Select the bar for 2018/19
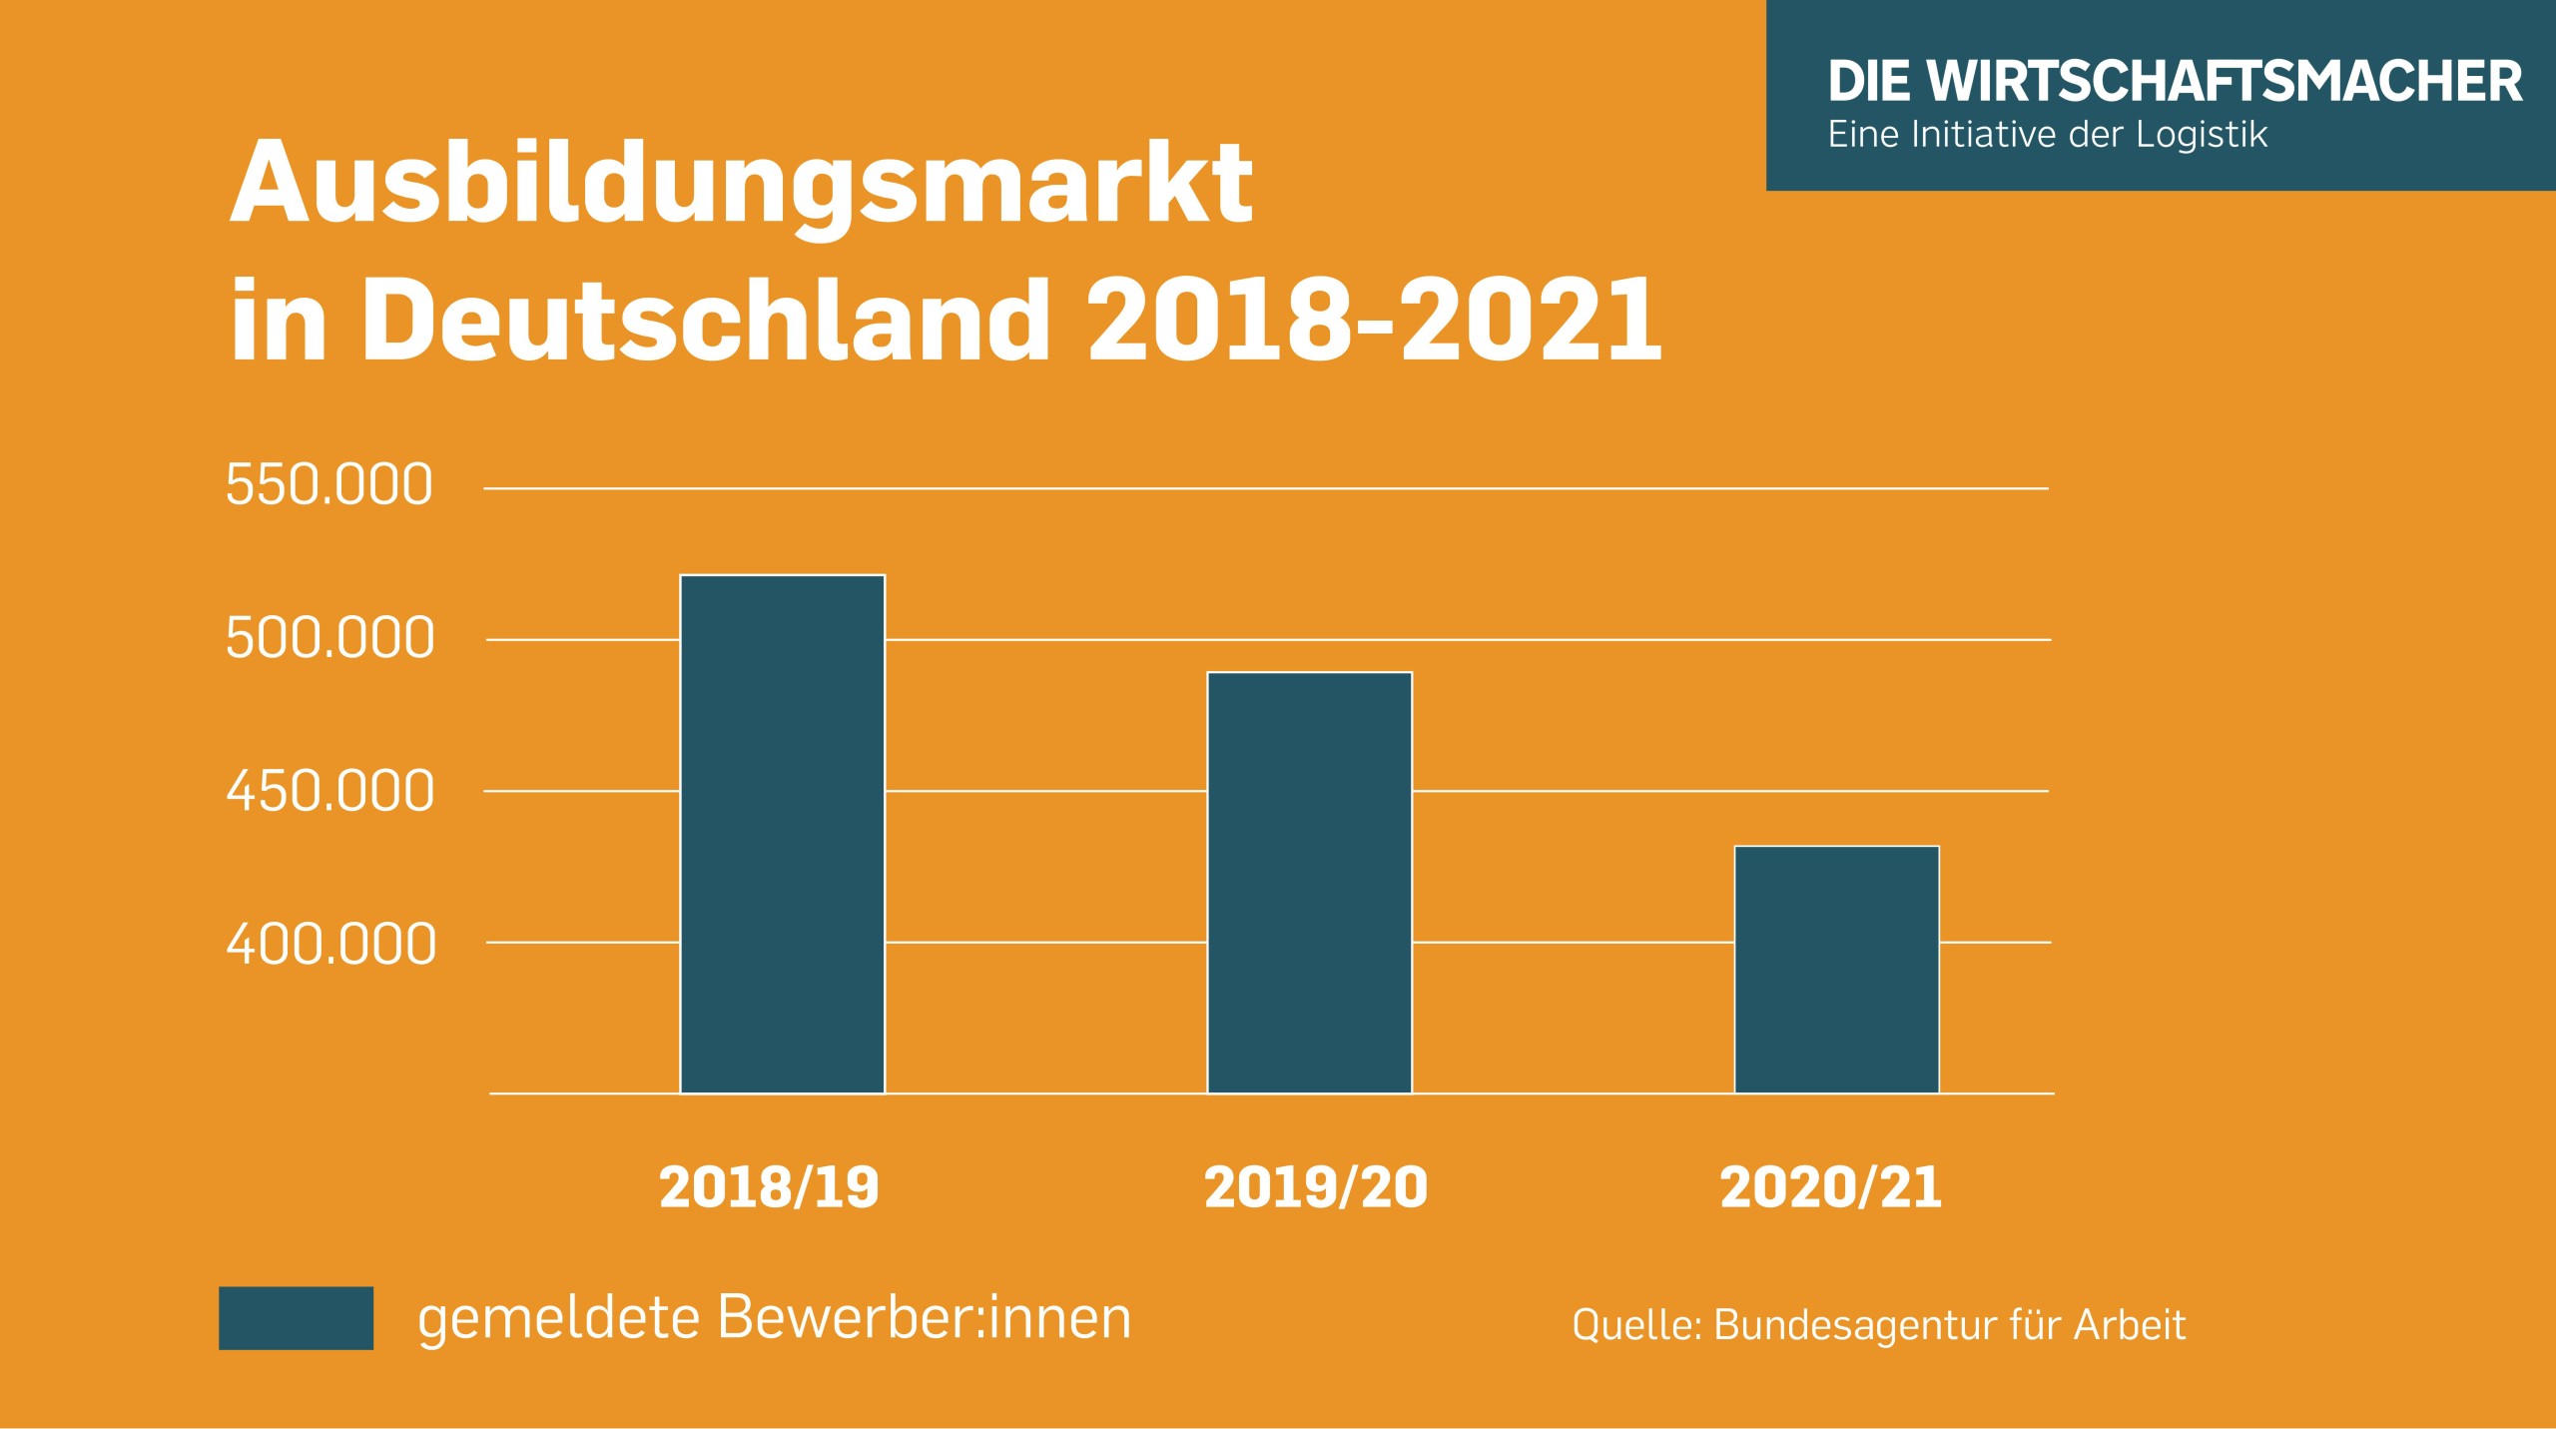(782, 834)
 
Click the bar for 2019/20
(1309, 883)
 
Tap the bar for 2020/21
(1836, 969)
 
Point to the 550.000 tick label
(328, 485)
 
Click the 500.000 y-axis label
(329, 638)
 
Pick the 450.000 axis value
(329, 791)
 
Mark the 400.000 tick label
(330, 944)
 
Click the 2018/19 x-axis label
(769, 1187)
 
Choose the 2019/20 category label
(1315, 1187)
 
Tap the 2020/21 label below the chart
(1830, 1187)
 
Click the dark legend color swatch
(296, 1317)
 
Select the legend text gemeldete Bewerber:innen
(774, 1318)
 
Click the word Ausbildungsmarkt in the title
(741, 185)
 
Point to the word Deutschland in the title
(705, 320)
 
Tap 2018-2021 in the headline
(1374, 320)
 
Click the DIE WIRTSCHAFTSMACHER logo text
(2175, 81)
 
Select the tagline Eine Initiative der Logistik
(2047, 135)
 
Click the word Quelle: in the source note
(1635, 1325)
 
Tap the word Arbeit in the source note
(2130, 1325)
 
